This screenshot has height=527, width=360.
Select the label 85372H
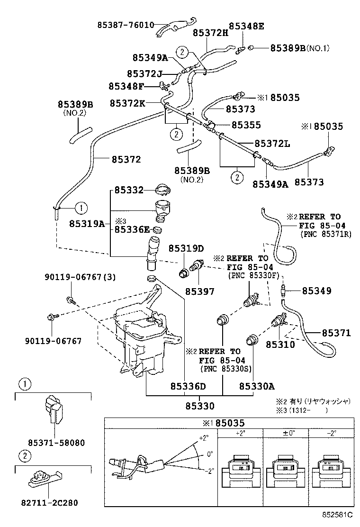coord(210,33)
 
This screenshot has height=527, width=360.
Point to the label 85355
coord(246,125)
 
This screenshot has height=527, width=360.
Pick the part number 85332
coord(128,191)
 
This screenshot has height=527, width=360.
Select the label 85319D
coord(186,248)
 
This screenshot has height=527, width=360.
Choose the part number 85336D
coord(188,386)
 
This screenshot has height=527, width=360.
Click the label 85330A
coord(257,386)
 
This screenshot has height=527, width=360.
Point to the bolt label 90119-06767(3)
coord(80,277)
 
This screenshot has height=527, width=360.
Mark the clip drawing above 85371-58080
coord(53,409)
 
